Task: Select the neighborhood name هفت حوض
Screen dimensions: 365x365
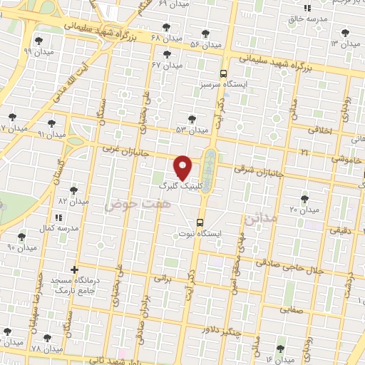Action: point(129,205)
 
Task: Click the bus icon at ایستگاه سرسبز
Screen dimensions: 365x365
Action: point(224,73)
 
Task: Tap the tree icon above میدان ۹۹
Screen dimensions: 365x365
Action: point(38,41)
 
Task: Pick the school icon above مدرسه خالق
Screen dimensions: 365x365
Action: point(307,8)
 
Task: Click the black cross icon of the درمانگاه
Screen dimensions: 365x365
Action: point(77,268)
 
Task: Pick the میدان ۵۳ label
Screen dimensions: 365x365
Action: point(192,130)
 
